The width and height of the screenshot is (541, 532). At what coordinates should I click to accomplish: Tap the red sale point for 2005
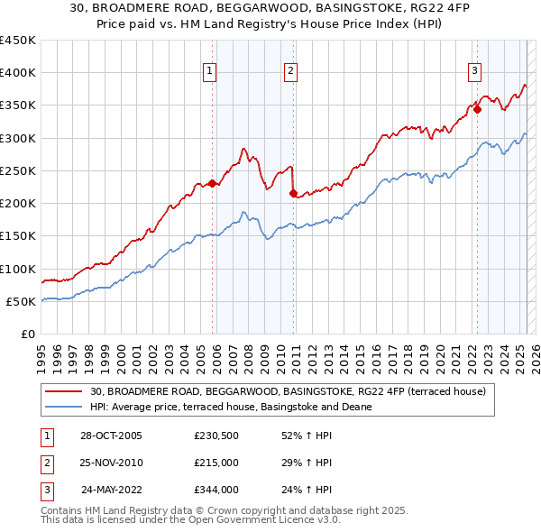pos(212,183)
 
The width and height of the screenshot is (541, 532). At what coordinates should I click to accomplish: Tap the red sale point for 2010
pos(294,193)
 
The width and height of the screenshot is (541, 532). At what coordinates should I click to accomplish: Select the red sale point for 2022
pos(478,109)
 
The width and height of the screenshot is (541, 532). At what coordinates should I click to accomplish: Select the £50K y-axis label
pos(22,301)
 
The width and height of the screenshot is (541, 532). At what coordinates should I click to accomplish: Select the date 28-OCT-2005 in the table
pos(111,436)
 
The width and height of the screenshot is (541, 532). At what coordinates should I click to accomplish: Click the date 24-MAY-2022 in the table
pos(111,490)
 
